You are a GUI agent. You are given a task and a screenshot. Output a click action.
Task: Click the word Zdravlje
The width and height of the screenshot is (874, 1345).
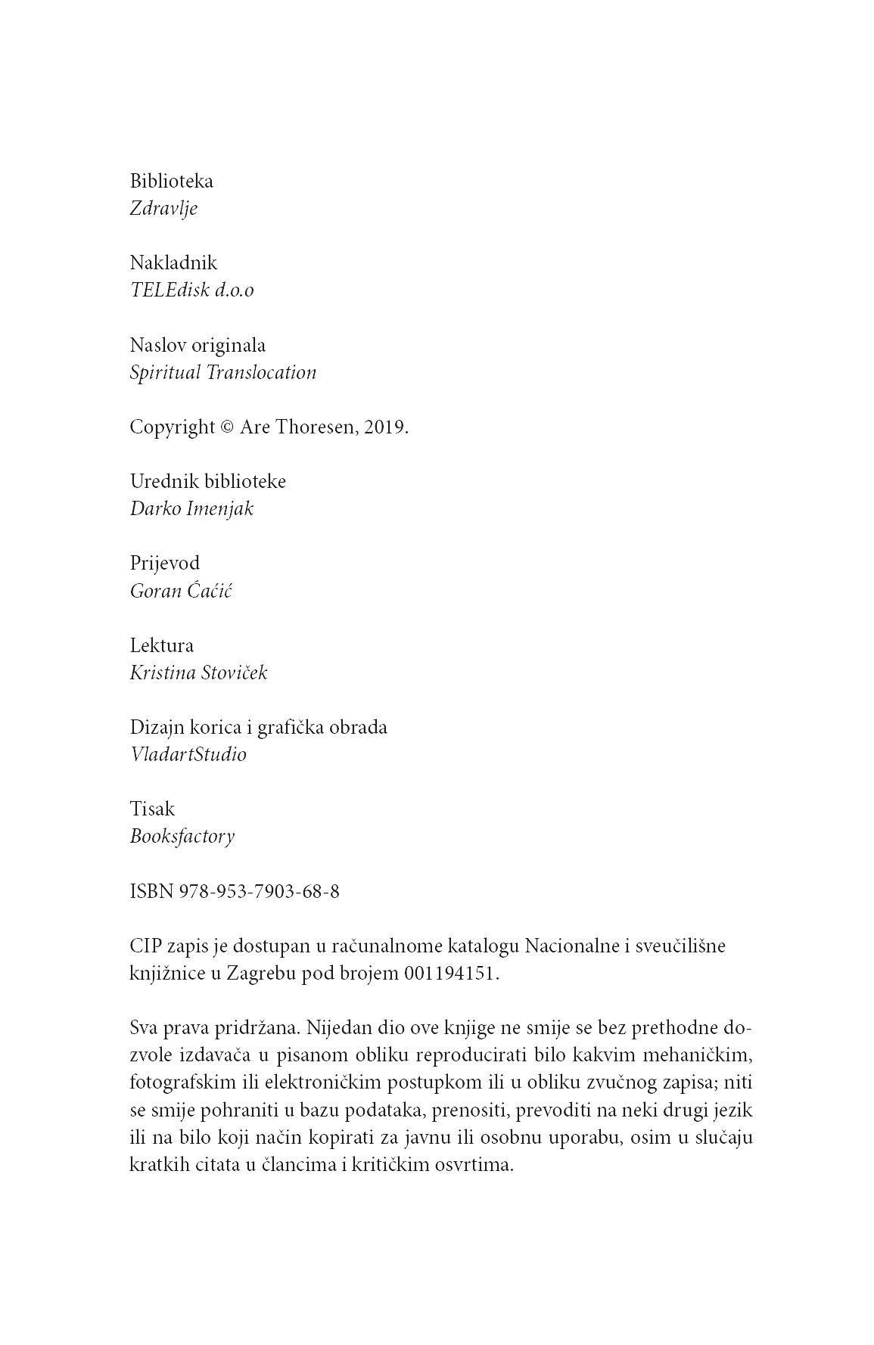[x=163, y=209]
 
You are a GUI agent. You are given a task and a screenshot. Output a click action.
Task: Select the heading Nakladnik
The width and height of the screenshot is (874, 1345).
[x=173, y=263]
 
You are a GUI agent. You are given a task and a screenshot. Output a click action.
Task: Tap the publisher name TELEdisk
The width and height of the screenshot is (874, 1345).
[x=169, y=290]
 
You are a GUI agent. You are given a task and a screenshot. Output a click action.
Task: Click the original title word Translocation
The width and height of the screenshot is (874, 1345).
[x=261, y=373]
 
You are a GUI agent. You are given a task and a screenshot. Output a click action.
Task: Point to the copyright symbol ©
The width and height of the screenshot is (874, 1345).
[x=226, y=427]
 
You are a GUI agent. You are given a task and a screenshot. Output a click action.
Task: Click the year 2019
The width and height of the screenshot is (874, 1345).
[x=386, y=427]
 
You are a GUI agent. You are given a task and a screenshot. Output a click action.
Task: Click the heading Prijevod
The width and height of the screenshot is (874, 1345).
[x=164, y=564]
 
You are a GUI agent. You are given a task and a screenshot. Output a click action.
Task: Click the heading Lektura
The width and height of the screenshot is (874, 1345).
[x=161, y=646]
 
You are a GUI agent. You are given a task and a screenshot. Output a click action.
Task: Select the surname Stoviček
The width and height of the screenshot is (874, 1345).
[x=233, y=673]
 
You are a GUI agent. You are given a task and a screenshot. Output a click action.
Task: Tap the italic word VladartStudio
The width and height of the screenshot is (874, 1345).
[x=188, y=755]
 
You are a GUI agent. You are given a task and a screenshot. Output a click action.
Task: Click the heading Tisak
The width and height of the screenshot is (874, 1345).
[x=152, y=809]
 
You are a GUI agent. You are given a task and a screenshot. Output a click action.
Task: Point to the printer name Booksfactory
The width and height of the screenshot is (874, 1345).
[x=182, y=837]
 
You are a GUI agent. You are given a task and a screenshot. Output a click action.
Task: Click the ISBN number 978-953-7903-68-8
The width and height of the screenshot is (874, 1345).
[x=260, y=892]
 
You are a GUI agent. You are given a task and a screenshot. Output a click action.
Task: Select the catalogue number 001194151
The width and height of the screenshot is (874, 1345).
[x=451, y=974]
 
